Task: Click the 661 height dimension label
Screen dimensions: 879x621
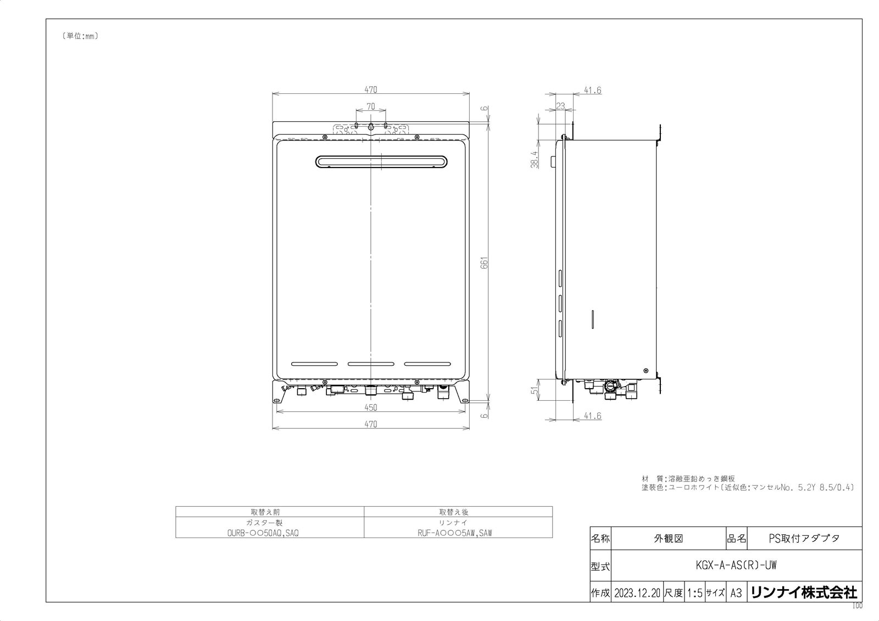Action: [x=485, y=263]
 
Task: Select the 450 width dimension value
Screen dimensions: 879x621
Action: [x=371, y=407]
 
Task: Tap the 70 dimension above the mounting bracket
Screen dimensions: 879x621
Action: [x=371, y=107]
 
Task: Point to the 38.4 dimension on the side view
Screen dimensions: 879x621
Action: [x=535, y=160]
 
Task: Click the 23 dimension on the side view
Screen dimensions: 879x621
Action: [x=561, y=106]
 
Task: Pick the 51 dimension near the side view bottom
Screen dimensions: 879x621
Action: [x=535, y=390]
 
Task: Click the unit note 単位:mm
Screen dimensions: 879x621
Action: [x=80, y=36]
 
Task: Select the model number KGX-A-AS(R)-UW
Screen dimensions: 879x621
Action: [x=736, y=566]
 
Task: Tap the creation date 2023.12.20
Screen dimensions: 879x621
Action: [x=637, y=593]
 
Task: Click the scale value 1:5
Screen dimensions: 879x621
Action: [x=694, y=593]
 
